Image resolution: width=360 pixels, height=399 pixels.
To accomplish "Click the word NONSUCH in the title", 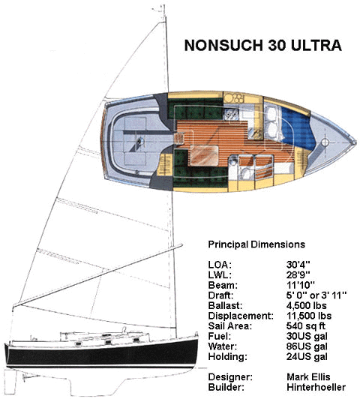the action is click(223, 46).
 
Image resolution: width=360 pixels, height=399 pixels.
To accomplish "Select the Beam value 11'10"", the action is click(301, 285).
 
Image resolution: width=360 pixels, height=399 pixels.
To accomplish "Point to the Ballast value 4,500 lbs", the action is click(306, 305).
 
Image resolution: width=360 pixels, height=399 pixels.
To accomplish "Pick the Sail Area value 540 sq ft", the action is click(306, 326).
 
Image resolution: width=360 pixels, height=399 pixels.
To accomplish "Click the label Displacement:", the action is click(241, 316).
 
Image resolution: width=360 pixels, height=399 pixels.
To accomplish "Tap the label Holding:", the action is click(227, 357).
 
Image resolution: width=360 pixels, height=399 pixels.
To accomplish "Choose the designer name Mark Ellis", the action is click(308, 376).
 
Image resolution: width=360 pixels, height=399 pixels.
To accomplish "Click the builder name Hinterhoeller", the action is click(316, 387).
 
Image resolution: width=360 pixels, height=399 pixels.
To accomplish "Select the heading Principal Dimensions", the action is click(256, 244).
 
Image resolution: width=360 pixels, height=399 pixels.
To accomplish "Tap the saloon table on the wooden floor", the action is click(204, 155).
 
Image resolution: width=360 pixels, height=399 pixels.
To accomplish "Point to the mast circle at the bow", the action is click(325, 142).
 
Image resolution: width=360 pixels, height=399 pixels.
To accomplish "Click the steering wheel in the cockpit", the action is click(139, 142).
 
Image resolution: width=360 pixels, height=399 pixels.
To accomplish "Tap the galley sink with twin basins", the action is click(231, 114).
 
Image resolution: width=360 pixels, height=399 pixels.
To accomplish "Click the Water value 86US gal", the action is click(307, 346).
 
